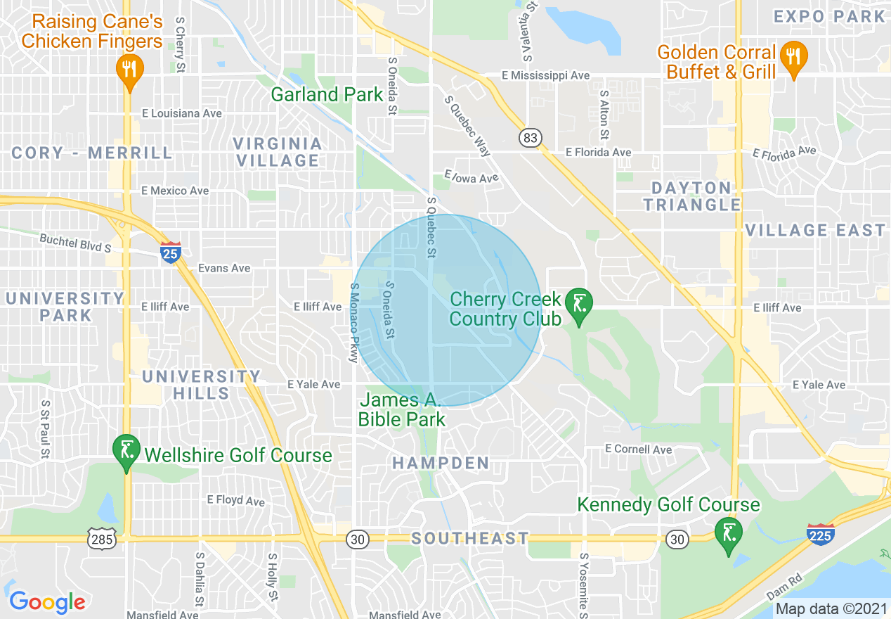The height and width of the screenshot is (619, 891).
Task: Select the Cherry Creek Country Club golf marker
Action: [579, 306]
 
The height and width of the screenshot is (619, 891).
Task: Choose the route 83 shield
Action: [531, 138]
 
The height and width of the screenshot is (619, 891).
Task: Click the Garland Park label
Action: [327, 94]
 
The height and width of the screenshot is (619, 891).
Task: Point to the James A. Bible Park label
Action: [401, 410]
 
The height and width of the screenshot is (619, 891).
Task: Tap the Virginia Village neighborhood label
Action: [278, 152]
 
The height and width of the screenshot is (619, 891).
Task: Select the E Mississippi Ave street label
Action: [545, 75]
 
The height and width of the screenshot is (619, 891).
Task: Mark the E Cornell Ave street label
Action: [638, 449]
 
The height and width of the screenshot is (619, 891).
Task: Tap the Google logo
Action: [47, 602]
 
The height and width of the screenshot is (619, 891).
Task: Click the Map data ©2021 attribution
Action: [830, 608]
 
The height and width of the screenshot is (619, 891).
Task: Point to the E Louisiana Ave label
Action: [181, 113]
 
